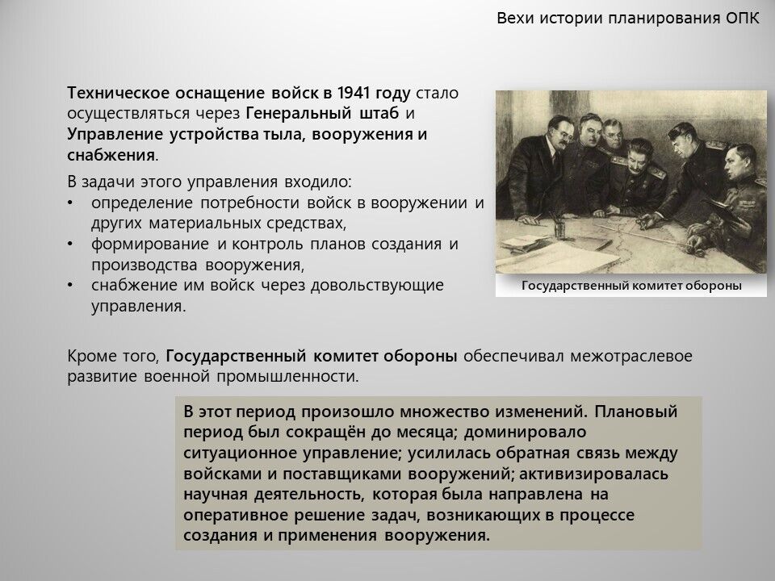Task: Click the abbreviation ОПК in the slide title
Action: (743, 19)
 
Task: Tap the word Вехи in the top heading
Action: (515, 19)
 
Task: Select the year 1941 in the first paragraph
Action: (354, 93)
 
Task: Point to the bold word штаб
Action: (379, 114)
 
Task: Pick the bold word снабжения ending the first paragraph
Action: (111, 155)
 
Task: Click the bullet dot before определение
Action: (70, 203)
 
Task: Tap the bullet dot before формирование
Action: (70, 244)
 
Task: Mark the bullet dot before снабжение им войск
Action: (70, 285)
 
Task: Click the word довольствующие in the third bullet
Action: (377, 286)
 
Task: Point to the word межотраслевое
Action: (631, 356)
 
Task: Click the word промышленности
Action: (287, 377)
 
